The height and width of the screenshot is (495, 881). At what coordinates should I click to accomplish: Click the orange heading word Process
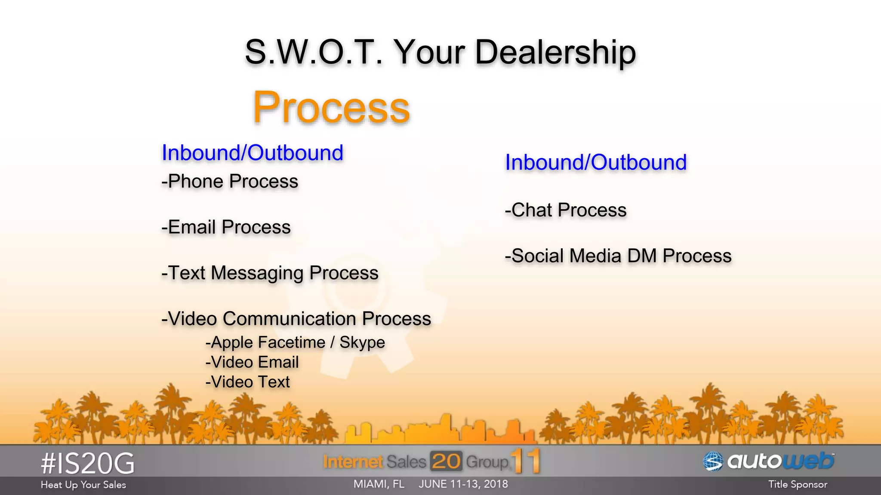coord(331,107)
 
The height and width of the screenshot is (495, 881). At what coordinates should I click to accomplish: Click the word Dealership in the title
coord(555,52)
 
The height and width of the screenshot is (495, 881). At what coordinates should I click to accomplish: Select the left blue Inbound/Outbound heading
coord(252,153)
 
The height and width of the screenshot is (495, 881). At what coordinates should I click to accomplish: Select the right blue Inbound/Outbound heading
coord(595,162)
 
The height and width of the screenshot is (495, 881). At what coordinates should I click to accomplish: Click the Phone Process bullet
coord(230,181)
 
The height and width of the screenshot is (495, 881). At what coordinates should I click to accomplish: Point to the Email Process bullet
coord(226,227)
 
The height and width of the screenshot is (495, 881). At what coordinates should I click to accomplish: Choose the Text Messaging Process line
coord(270,273)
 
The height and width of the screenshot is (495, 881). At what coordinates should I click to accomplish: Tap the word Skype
coord(362,342)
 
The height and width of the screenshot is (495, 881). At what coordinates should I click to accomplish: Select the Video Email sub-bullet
coord(252,362)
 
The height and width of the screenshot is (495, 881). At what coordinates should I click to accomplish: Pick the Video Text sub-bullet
coord(248,382)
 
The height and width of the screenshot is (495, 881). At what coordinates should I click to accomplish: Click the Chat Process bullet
coord(565,210)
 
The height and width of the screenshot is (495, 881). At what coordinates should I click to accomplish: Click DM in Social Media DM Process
coord(642,256)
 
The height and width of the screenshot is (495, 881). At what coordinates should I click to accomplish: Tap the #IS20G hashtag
coord(88,464)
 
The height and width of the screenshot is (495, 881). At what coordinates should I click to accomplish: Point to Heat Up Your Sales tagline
coord(83,485)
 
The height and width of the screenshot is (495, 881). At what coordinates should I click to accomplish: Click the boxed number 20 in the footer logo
coord(446,461)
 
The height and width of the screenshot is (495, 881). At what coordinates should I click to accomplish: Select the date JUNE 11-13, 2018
coord(463,484)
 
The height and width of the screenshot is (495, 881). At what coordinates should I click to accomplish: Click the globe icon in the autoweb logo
coord(713,462)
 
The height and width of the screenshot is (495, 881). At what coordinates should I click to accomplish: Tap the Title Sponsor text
coord(798,485)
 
